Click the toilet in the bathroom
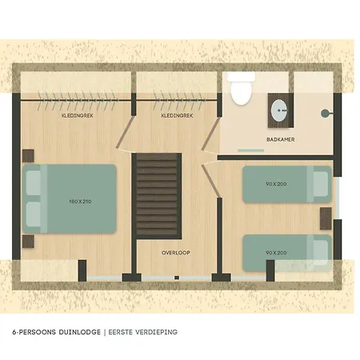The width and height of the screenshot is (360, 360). tap(241, 89)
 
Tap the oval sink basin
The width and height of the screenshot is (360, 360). tap(279, 110)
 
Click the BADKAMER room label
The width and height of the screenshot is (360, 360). tap(281, 139)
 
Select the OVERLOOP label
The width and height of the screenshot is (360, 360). tap(176, 253)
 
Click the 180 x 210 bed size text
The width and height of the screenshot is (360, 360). tap(80, 202)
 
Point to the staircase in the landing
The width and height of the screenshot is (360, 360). tap(157, 196)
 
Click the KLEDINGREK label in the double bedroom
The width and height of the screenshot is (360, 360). tap(78, 115)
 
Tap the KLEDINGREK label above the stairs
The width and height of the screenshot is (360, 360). tap(177, 115)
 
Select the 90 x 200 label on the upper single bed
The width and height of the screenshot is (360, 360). tap(276, 184)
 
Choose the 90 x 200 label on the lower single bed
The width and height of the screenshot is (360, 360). tap(276, 253)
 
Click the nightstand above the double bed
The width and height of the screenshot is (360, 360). tap(28, 156)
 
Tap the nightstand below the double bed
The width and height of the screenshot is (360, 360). tap(28, 242)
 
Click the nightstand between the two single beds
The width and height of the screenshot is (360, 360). tap(326, 218)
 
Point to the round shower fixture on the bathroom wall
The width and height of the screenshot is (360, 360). tap(325, 114)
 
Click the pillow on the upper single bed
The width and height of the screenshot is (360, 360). tap(321, 184)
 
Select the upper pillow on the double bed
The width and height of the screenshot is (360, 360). tap(34, 182)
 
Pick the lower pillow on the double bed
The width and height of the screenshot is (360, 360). tap(34, 214)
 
